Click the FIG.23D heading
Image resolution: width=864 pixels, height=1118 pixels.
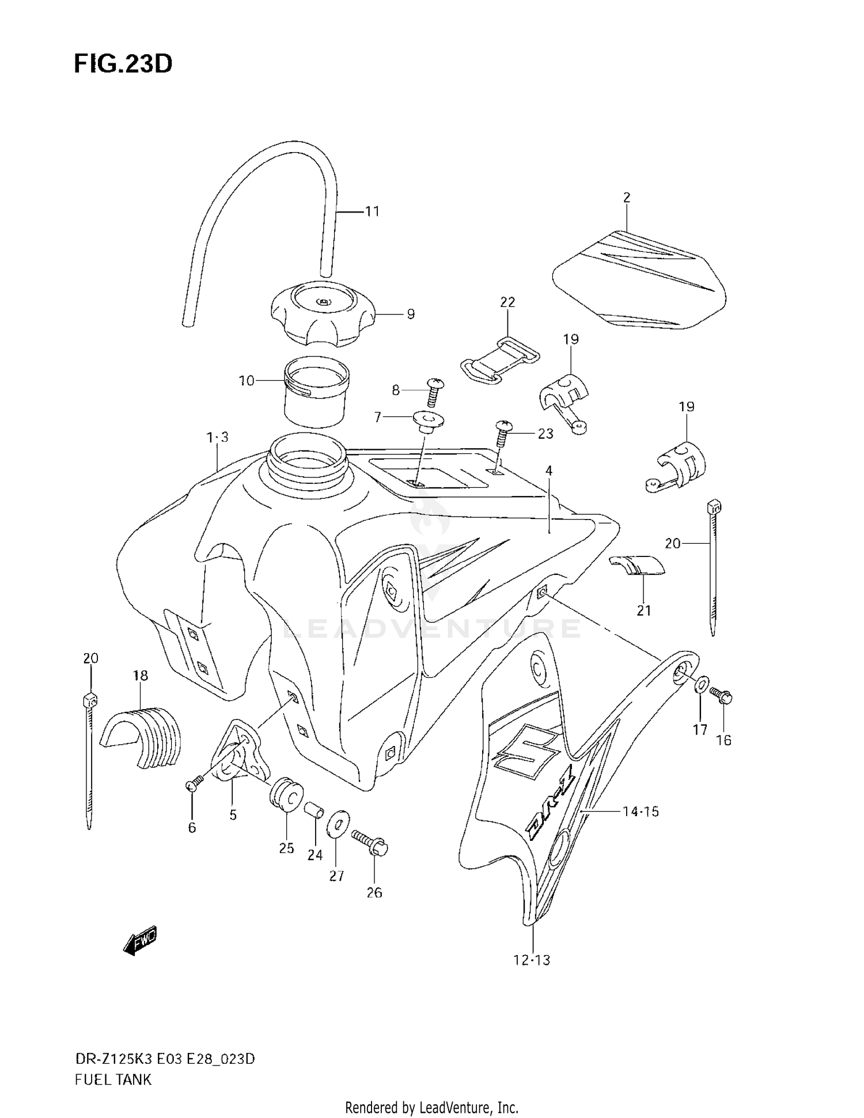(123, 64)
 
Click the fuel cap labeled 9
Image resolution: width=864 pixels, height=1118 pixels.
(323, 316)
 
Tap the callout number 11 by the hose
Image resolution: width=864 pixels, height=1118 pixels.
(372, 211)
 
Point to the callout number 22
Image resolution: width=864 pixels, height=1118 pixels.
(507, 302)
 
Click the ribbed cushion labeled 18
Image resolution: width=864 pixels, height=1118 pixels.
(142, 736)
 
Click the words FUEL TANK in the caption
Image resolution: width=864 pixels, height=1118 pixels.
(113, 1079)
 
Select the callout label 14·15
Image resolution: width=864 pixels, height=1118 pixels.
(641, 812)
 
